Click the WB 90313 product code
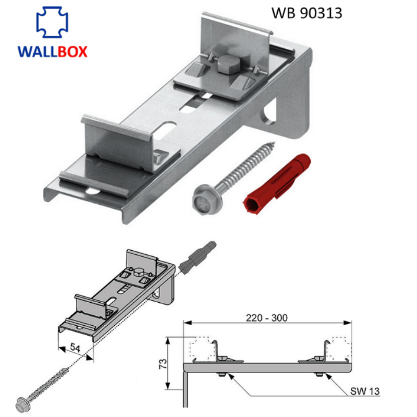[306, 13]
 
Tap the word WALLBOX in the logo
[53, 51]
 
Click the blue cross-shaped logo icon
[53, 23]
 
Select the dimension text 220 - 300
[267, 318]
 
